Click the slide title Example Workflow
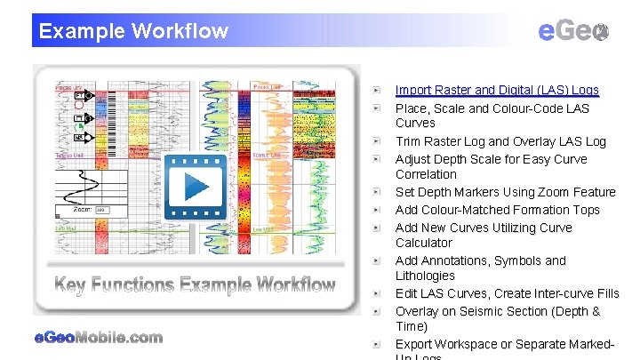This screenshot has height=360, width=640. point(133,31)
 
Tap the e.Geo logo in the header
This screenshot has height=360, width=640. point(573,31)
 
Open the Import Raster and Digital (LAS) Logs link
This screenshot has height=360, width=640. point(497,90)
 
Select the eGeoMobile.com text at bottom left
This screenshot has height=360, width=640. point(98,337)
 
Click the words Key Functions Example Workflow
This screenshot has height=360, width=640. point(195,285)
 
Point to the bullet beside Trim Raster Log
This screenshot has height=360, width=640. point(378,141)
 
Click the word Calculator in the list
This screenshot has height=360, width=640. point(423,243)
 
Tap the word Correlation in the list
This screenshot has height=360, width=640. point(426,174)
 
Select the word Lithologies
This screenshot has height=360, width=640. point(425,276)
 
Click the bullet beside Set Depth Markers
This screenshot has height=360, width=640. point(378,192)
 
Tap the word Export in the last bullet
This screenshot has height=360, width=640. point(415,344)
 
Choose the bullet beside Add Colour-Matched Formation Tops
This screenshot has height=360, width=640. point(378,210)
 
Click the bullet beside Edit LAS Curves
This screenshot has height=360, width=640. point(378,293)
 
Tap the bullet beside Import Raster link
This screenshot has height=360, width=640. point(378,90)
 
